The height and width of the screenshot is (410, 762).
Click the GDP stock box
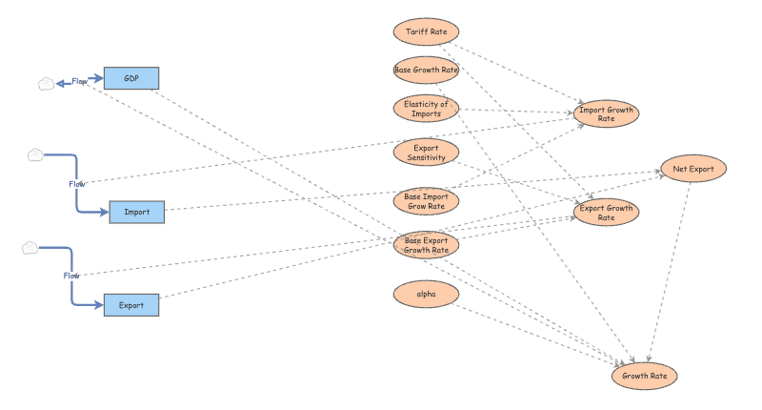point(131,78)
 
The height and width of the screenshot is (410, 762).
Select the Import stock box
point(137,212)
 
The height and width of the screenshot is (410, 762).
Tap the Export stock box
point(131,305)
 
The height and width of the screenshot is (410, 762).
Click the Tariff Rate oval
point(427,31)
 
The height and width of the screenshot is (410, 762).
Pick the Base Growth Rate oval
point(427,70)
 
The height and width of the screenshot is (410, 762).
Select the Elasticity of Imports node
point(427,109)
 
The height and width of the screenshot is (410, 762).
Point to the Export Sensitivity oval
point(427,152)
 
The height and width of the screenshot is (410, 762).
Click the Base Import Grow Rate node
point(427,201)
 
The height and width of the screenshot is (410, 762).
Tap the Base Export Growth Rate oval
point(427,245)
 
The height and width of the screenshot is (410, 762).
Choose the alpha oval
point(427,295)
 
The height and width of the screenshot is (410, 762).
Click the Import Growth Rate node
point(607,114)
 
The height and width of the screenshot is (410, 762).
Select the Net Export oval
point(693,169)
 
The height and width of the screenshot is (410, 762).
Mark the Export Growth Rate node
point(607,212)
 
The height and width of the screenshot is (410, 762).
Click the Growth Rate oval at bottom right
point(645,376)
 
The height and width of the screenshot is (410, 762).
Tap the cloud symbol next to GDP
point(46,84)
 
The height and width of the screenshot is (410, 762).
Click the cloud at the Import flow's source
point(36,154)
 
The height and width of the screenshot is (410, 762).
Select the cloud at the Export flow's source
point(30,248)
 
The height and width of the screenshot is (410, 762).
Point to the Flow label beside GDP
point(80,82)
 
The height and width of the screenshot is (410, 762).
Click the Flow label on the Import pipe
point(77,183)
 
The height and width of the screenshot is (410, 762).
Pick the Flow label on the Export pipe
point(72,276)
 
